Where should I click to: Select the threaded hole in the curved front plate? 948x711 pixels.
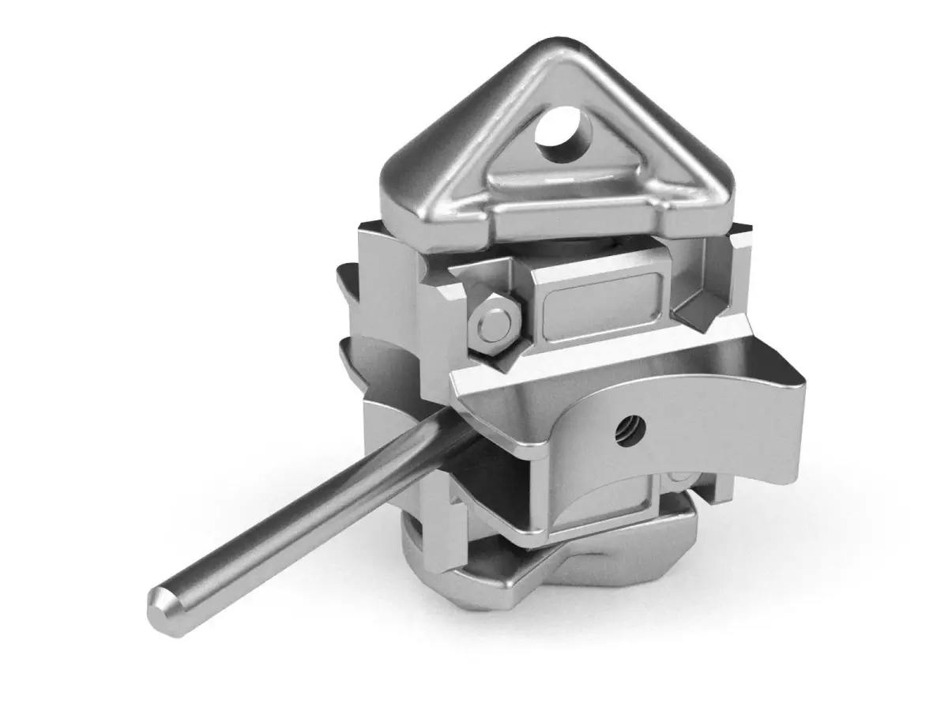click(633, 428)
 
